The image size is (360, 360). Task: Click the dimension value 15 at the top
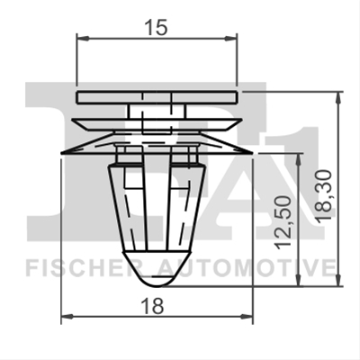tap(156, 28)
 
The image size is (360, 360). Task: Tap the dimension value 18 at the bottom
tap(153, 306)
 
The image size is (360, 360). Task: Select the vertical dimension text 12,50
tap(283, 222)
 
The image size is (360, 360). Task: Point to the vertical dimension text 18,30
tap(324, 195)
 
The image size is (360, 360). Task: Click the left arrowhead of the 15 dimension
tap(84, 38)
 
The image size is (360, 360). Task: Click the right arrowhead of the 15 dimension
tap(230, 38)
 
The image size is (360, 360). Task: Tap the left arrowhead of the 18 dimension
tap(67, 316)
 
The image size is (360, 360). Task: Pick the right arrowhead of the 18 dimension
tap(247, 316)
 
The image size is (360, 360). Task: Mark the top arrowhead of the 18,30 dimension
tap(338, 98)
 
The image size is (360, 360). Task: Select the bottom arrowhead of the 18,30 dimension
tap(338, 280)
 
